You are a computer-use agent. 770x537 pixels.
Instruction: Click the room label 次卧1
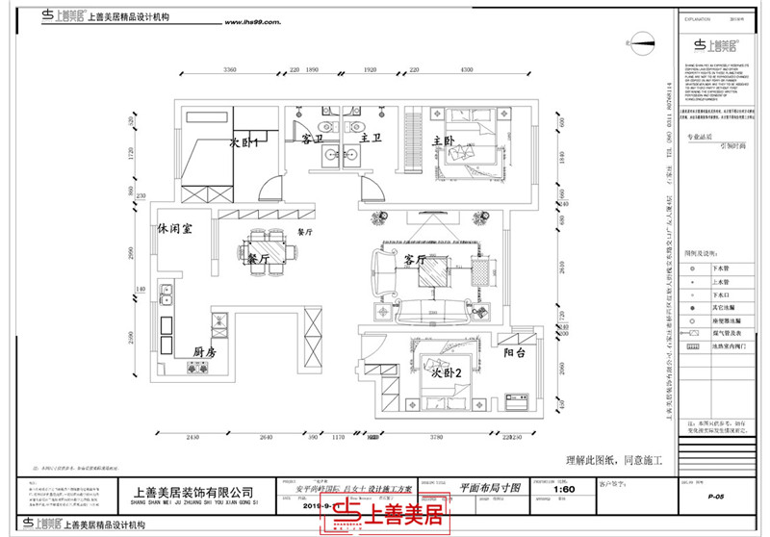tap(247, 141)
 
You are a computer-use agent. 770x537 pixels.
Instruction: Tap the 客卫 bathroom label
tap(311, 140)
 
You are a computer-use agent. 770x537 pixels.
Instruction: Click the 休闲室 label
tap(176, 231)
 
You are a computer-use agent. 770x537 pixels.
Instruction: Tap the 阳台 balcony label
tap(515, 353)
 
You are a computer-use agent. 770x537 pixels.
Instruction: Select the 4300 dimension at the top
tap(466, 72)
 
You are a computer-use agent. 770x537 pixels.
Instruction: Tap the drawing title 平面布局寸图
tap(490, 488)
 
